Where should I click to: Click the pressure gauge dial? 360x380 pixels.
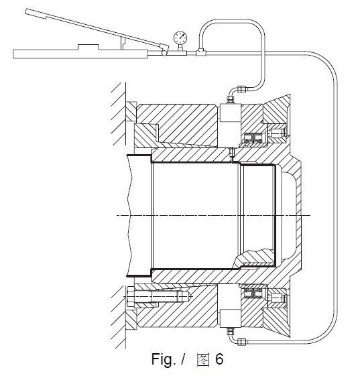click(180, 38)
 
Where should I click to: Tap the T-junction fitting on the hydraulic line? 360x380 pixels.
click(200, 52)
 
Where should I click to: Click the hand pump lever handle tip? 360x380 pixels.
click(27, 11)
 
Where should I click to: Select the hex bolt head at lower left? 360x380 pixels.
click(130, 297)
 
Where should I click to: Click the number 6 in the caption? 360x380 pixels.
click(219, 359)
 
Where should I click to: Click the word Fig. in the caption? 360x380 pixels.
click(164, 359)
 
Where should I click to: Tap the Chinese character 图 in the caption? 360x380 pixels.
click(202, 359)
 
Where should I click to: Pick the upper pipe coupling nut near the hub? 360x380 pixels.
click(243, 89)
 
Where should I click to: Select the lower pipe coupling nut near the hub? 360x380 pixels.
click(242, 342)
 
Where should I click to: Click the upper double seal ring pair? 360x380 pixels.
click(253, 137)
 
